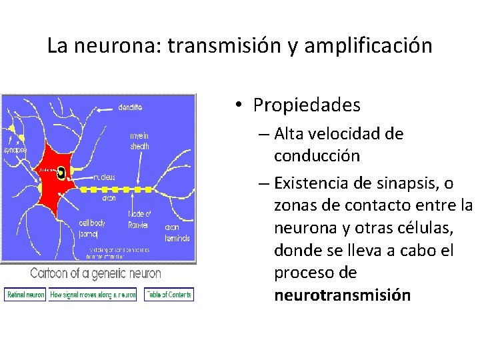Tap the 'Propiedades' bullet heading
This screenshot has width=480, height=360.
point(306,105)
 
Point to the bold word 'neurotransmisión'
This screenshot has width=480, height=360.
point(342,295)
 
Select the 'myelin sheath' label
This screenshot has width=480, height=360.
point(139,141)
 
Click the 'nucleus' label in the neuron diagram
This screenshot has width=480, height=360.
point(104,177)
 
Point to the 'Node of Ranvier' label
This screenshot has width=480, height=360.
point(139,219)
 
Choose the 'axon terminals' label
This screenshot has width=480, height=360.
point(177,232)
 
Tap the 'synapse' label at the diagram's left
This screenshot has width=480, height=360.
point(15,150)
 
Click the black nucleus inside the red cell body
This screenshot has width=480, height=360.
point(61,173)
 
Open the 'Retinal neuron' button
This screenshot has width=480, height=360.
point(25,294)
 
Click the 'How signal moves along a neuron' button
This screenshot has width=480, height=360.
point(93,294)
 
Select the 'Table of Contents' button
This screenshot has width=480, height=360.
point(169,294)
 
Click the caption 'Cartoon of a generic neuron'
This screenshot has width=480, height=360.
point(95,273)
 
